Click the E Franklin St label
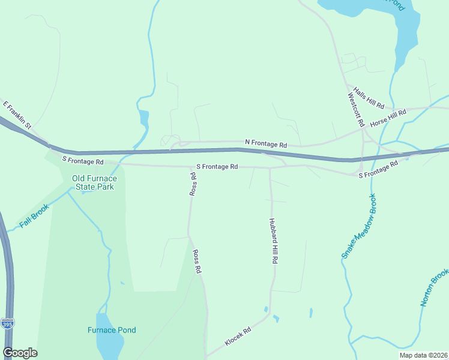17,114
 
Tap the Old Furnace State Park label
93,182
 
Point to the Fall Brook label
33,217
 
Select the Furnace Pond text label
112,330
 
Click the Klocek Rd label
238,337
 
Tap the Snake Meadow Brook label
359,226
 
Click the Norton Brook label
435,286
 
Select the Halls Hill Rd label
369,98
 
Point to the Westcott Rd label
356,109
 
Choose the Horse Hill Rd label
388,118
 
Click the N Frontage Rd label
266,144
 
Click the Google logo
20,353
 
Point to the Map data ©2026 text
423,355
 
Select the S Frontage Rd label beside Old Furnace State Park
83,161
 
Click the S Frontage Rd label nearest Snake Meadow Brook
378,170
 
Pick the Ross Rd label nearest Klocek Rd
196,262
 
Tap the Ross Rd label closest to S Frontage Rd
193,184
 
